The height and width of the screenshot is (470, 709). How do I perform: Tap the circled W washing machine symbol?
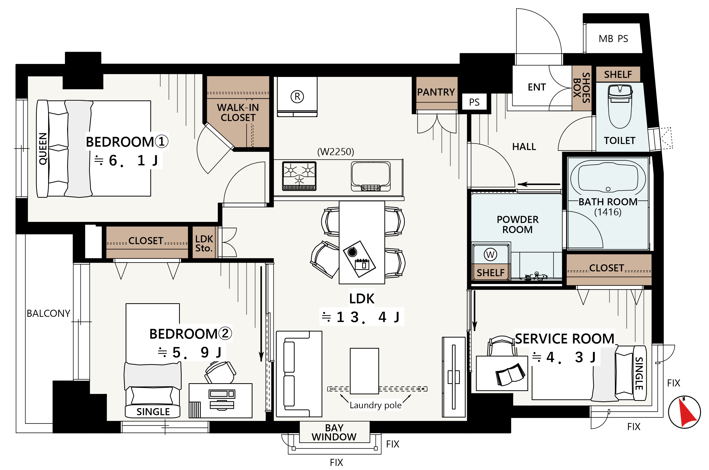click(x=490, y=255)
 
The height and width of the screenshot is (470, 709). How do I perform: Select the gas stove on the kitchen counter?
click(x=299, y=176)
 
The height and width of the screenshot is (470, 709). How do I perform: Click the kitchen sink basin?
click(x=371, y=176)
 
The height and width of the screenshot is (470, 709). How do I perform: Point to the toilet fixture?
click(x=619, y=106)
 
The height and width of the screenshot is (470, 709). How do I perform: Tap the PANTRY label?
click(x=436, y=92)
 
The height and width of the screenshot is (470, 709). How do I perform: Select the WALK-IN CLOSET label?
click(x=238, y=113)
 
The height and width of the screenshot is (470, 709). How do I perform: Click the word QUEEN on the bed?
click(x=43, y=149)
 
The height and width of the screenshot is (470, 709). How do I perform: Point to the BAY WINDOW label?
click(x=334, y=432)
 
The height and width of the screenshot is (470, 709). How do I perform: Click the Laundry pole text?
click(x=376, y=405)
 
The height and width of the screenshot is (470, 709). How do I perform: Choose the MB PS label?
click(x=613, y=39)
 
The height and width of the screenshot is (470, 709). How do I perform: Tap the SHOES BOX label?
click(x=582, y=88)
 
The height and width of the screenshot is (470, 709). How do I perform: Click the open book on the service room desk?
click(x=510, y=374)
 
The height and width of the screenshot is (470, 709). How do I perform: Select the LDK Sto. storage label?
click(x=204, y=243)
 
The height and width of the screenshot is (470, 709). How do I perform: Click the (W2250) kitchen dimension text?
click(x=336, y=152)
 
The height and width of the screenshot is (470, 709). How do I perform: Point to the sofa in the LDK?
click(x=299, y=374)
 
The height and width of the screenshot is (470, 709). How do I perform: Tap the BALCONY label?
click(x=48, y=313)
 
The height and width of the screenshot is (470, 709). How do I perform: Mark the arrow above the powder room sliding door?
click(x=539, y=184)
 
